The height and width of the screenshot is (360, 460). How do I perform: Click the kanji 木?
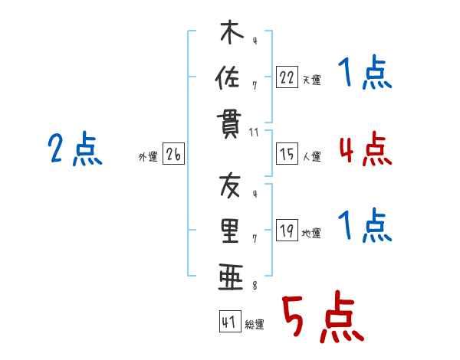[x=232, y=31]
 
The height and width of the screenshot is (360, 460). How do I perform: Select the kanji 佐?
[x=228, y=77]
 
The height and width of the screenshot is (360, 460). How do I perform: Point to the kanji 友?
[x=230, y=185]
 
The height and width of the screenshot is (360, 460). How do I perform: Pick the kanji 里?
[x=230, y=231]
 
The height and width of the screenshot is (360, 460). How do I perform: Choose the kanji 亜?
[x=231, y=277]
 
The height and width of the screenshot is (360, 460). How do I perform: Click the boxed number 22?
[x=287, y=77]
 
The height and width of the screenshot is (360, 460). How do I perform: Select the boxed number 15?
[x=287, y=154]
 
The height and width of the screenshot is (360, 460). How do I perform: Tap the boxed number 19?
[x=287, y=230]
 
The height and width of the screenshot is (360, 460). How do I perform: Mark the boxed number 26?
[x=173, y=154]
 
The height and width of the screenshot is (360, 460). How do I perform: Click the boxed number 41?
[x=230, y=322]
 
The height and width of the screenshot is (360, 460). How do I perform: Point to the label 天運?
[x=311, y=80]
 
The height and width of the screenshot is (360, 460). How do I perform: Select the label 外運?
[x=148, y=156]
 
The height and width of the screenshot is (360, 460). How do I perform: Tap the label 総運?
[x=255, y=325]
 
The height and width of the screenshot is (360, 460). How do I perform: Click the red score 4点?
[x=366, y=149]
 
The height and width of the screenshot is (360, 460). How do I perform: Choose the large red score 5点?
[x=324, y=316]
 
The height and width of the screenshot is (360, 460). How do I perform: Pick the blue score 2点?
[x=75, y=149]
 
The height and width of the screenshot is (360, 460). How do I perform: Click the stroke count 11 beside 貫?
[x=254, y=133]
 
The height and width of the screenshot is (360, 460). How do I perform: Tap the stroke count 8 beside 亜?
[x=255, y=286]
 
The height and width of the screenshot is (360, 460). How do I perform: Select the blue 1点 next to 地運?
[x=365, y=225]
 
